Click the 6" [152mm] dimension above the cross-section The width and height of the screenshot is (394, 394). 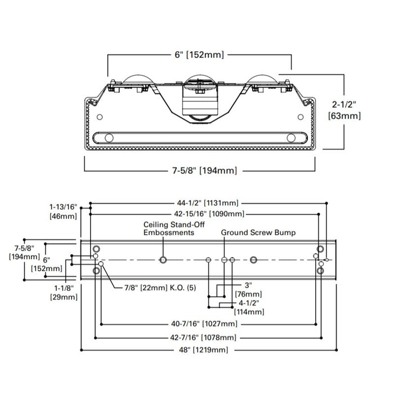199,55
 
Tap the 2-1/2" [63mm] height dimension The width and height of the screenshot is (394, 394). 344,110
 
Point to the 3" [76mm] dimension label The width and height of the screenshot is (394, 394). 248,289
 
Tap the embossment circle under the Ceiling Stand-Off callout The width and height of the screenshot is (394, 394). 164,259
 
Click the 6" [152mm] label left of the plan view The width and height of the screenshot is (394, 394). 47,264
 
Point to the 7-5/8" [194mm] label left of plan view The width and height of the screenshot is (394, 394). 21,252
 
